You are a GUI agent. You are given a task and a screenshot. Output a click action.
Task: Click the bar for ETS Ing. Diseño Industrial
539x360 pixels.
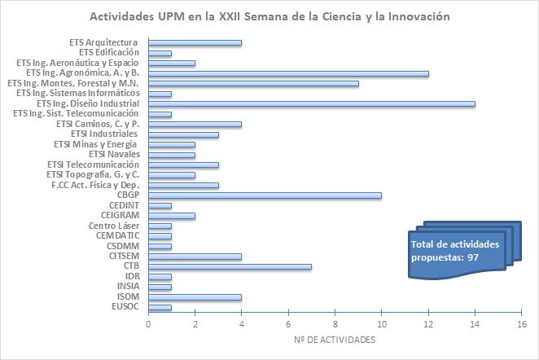coord(311,103)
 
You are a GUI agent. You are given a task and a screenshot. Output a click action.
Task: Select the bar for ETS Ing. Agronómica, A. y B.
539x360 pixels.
coord(288,73)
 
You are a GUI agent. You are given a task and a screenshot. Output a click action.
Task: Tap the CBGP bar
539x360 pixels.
coord(265,195)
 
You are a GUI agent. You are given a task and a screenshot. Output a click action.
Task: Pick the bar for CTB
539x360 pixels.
coord(230,266)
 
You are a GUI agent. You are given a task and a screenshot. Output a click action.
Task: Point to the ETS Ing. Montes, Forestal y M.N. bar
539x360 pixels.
coord(253,83)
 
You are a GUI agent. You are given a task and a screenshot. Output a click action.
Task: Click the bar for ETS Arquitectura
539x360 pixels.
coord(195,42)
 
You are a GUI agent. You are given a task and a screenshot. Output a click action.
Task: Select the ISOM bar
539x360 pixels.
coord(195,296)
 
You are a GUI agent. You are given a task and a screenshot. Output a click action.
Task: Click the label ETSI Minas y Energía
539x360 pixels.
coord(96,144)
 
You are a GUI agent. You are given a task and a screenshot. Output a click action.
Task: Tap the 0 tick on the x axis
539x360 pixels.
coord(148,323)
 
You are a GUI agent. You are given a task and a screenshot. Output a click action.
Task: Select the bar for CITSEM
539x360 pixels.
coord(195,256)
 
